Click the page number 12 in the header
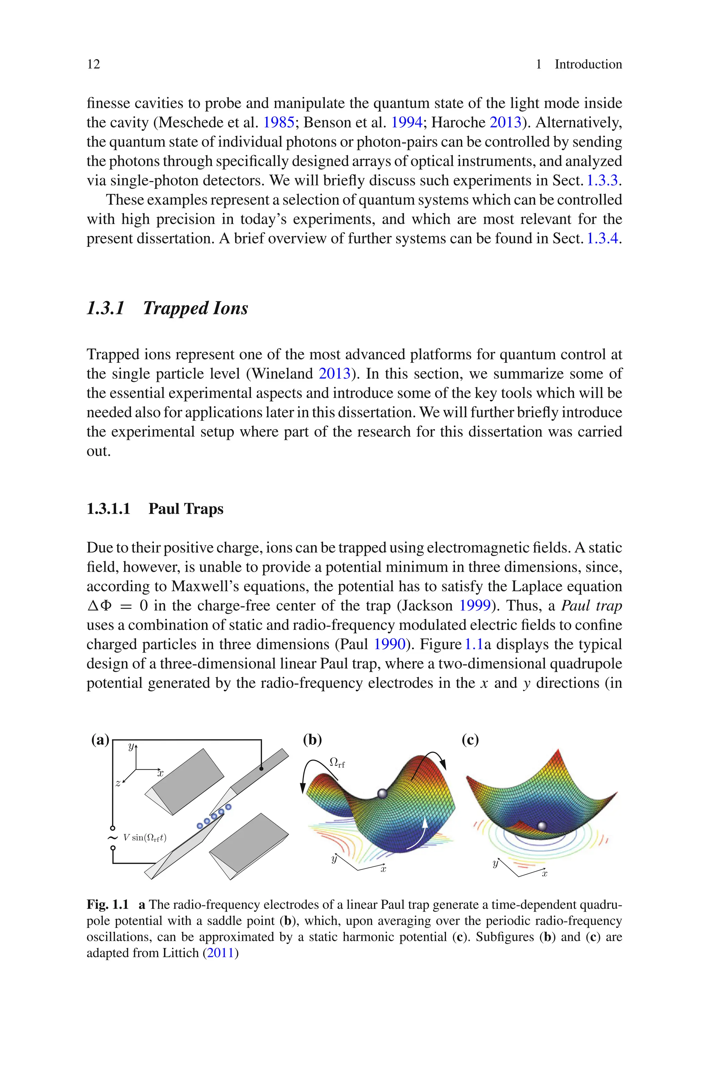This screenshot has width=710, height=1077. (x=93, y=64)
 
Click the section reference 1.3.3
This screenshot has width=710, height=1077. (x=602, y=181)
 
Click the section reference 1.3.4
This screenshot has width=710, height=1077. (x=602, y=239)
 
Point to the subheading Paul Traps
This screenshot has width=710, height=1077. (x=186, y=508)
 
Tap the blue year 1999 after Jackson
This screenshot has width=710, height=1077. (x=475, y=606)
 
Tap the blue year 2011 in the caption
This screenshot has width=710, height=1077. (x=220, y=953)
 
